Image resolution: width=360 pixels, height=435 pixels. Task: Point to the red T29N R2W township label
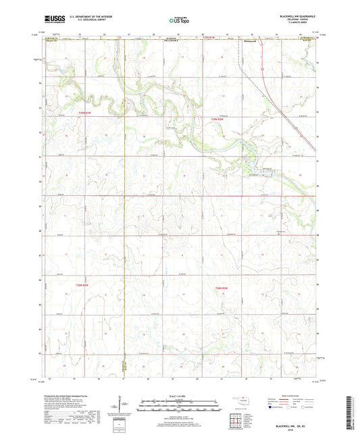click(x=214, y=120)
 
